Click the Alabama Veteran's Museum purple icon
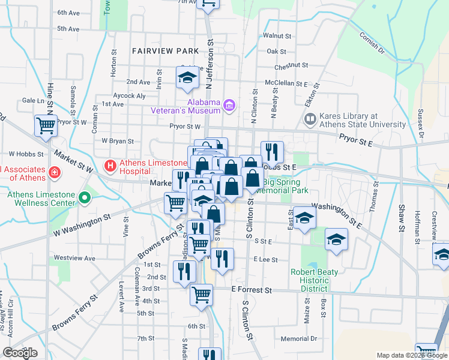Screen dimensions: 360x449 click(228, 106)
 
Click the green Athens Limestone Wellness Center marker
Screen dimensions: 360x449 click(85, 197)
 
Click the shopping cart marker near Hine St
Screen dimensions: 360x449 click(46, 125)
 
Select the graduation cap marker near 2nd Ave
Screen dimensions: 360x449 click(187, 77)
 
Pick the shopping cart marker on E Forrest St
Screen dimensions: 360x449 click(201, 294)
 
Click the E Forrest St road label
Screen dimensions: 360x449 click(252, 290)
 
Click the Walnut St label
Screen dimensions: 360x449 click(277, 36)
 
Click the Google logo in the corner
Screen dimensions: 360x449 click(20, 353)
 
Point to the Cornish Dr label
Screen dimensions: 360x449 click(373, 43)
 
